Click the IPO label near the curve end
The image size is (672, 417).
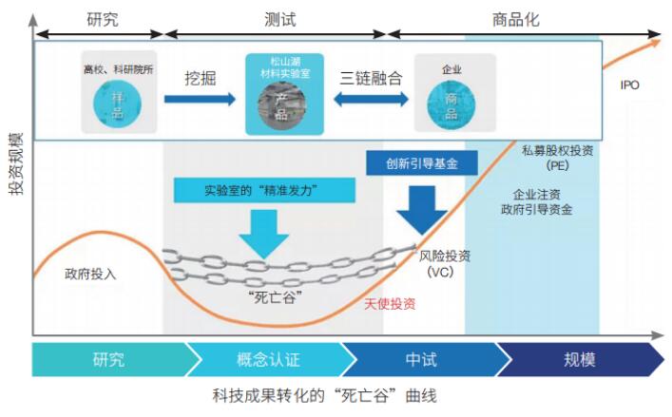(629, 85)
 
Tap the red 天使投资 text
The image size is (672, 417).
(390, 304)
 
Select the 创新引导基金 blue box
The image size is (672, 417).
(422, 162)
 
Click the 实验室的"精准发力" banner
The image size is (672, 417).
(264, 190)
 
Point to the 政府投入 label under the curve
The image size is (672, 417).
(90, 274)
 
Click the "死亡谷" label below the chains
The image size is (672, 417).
(275, 296)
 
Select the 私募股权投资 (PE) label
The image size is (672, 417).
(557, 158)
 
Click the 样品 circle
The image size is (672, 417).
(118, 104)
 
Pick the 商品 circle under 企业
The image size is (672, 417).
(451, 104)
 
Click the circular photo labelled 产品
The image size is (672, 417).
(282, 106)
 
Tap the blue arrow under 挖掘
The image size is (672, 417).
(200, 100)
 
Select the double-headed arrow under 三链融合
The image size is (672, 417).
(371, 100)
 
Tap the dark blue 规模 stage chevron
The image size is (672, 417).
(581, 359)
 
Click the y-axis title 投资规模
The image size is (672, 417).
(16, 164)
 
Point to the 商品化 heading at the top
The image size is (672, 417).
(515, 20)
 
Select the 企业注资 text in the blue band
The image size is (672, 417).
(537, 195)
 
